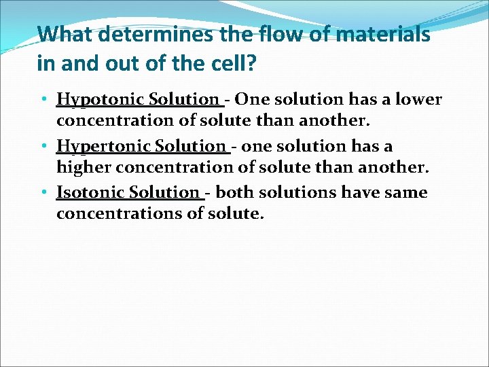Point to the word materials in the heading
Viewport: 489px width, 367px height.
(x=380, y=34)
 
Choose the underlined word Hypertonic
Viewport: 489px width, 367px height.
(x=104, y=146)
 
